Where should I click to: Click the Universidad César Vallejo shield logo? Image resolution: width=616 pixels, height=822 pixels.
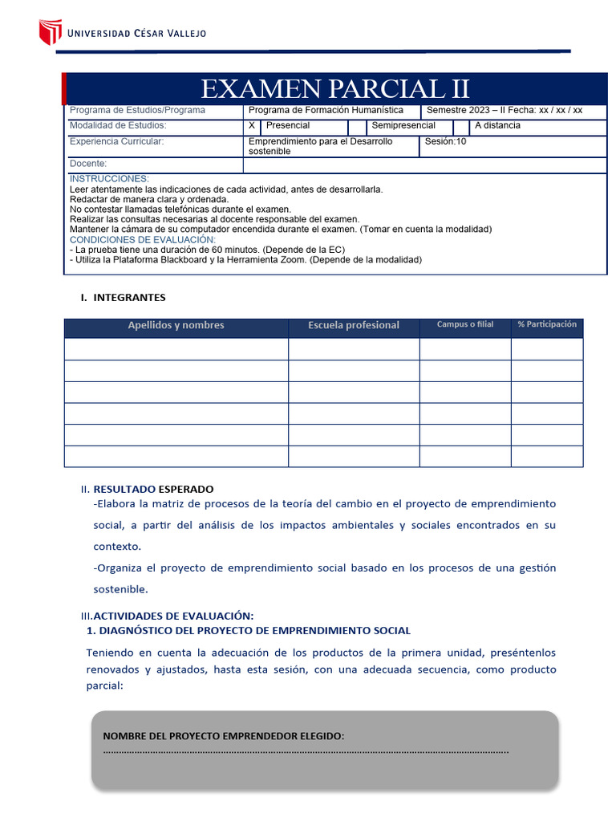click(50, 32)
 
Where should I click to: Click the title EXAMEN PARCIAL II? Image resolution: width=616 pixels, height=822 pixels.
click(334, 88)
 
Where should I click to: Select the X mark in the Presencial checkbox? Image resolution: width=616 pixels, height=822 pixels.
click(252, 126)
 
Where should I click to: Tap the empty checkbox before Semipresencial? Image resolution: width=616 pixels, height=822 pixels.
click(357, 127)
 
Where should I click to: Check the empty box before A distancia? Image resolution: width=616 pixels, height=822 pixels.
click(460, 127)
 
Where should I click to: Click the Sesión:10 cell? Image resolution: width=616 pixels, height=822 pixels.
click(445, 142)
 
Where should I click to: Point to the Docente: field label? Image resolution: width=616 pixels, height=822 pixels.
click(88, 164)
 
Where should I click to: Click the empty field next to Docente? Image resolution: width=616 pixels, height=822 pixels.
click(423, 165)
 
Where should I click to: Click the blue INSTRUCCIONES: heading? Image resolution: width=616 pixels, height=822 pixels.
click(109, 178)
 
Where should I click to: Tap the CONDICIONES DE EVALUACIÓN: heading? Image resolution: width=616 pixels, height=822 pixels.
click(143, 239)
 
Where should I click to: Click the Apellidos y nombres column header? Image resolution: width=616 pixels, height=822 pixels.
click(176, 325)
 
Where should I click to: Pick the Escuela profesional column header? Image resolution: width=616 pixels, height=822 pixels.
click(353, 325)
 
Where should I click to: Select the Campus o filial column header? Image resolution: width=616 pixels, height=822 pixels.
click(465, 324)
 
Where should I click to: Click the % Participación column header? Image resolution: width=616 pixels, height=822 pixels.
click(547, 324)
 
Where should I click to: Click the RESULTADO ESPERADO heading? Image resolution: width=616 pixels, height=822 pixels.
click(153, 489)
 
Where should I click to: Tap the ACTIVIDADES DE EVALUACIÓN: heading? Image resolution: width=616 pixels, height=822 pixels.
click(173, 616)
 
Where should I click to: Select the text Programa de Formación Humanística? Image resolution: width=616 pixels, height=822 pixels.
click(326, 111)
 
